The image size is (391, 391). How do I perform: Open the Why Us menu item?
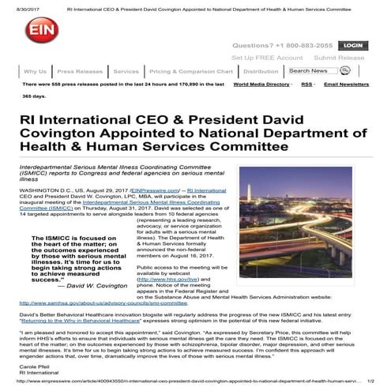point(35,71)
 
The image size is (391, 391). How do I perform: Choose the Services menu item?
point(126,71)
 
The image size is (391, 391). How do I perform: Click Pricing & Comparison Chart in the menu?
point(190,71)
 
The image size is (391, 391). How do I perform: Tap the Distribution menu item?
point(260,71)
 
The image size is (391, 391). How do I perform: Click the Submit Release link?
point(339,58)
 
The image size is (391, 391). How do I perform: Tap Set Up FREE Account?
point(267,58)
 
